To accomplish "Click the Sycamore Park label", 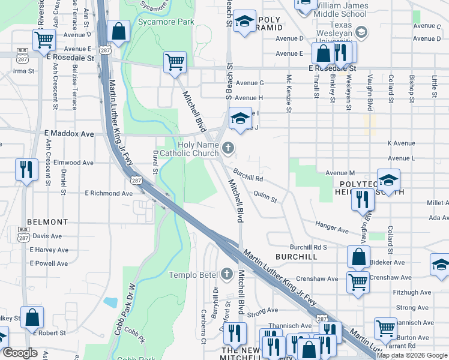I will point(158,22).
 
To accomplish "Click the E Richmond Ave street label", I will point(108,194).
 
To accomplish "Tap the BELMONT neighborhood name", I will point(43,221).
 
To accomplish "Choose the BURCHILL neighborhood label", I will point(296,256).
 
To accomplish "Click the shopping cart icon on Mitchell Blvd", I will point(175,62).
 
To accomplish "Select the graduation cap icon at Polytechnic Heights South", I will point(388,180).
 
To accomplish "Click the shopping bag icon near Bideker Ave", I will point(358,257).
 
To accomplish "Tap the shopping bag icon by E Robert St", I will point(32,317).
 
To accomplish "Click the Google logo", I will point(20,353).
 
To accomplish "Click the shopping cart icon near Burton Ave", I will point(385,328).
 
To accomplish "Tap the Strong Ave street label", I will point(262,310).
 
